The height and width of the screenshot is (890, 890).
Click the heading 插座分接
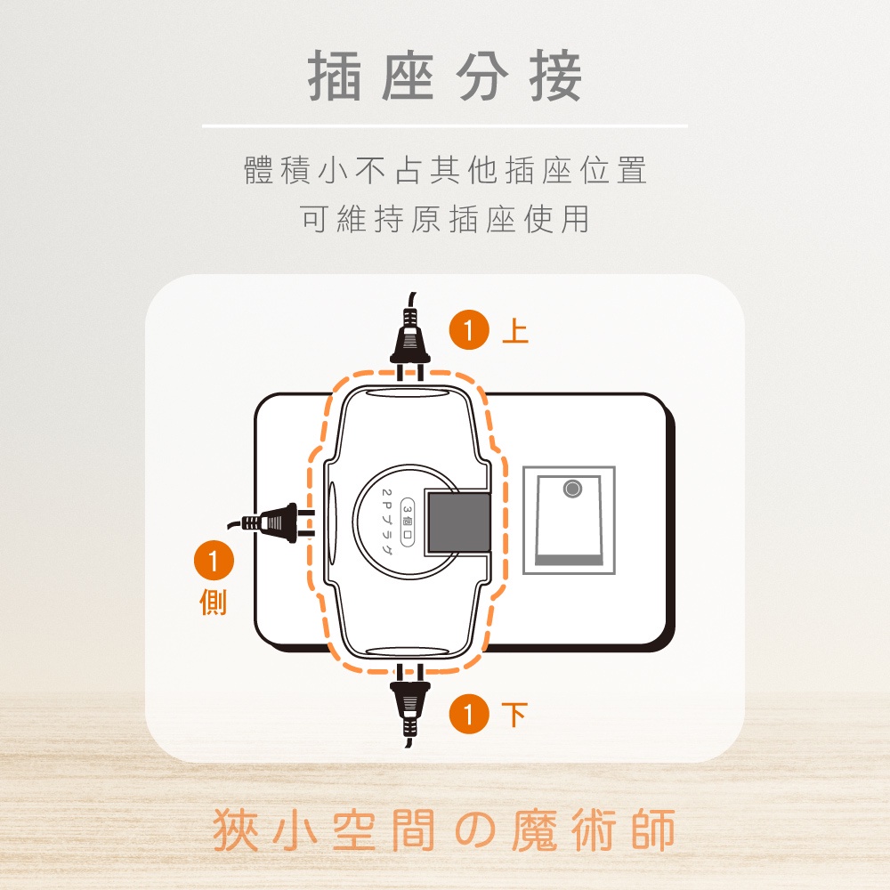445,77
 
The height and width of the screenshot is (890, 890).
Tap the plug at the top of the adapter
409,338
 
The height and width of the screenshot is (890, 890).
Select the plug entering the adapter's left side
271,522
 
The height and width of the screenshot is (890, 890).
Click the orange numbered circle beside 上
469,330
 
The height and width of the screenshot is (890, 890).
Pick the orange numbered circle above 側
214,562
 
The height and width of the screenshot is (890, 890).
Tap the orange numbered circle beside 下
469,714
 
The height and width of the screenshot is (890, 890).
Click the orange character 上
515,330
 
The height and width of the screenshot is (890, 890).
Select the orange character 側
214,603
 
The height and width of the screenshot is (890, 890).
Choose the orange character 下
514,715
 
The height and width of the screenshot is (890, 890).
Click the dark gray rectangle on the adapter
458,522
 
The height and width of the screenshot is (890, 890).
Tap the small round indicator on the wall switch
572,489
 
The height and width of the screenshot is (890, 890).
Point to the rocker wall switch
569,521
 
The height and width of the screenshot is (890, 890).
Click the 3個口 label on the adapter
408,522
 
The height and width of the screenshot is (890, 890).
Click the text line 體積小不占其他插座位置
446,170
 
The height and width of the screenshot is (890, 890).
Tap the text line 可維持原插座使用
446,219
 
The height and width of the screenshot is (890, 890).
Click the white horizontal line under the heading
445,125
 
